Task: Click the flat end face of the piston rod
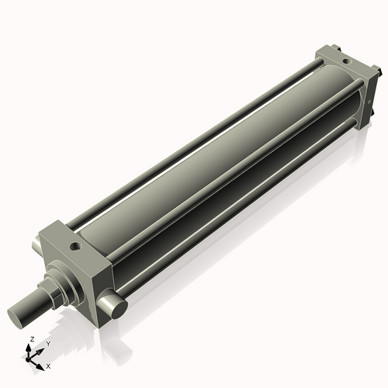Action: pos(18,316)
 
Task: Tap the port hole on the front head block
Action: pos(75,247)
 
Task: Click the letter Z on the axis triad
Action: pos(31,340)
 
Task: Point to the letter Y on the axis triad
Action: pos(47,343)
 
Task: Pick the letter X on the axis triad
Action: pos(49,365)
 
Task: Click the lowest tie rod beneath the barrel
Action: pos(233,233)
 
